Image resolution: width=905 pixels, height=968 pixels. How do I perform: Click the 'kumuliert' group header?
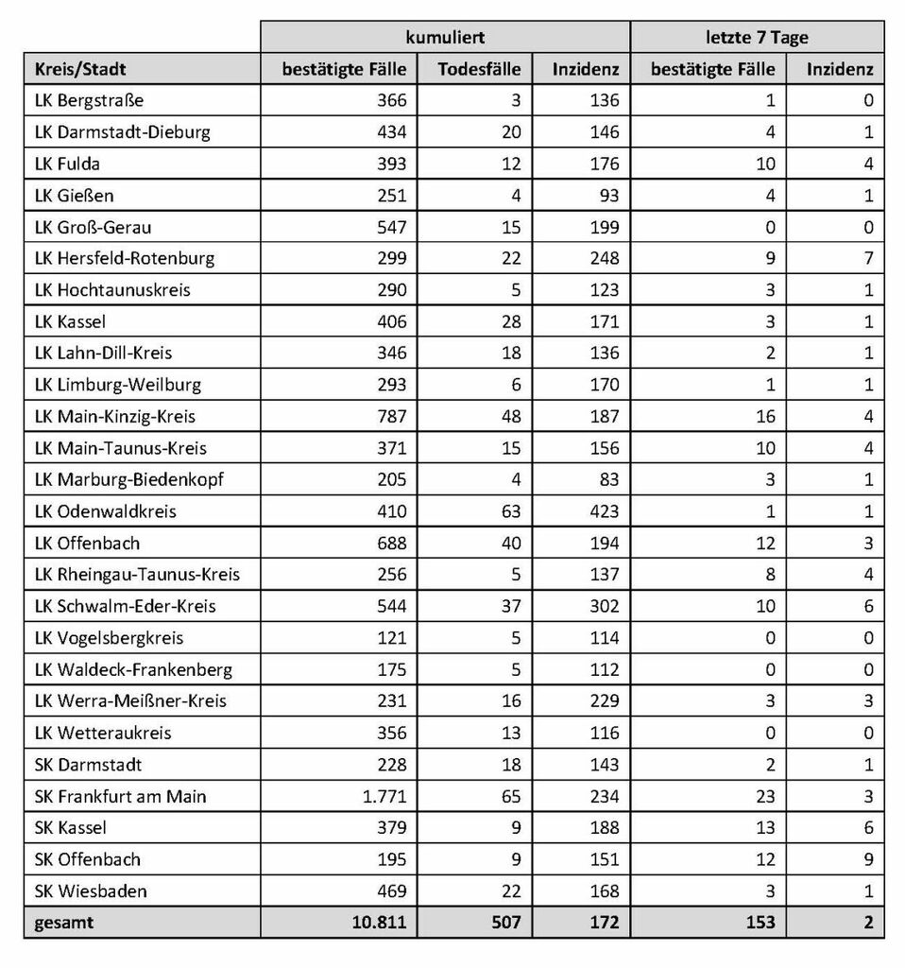coord(445,38)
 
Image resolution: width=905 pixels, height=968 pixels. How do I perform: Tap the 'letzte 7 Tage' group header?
coord(757,38)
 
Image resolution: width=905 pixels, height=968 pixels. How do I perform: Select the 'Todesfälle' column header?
coord(479,69)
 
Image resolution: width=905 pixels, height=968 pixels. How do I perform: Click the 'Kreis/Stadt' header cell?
coord(80,69)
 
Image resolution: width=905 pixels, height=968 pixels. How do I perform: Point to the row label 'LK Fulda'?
coord(67,164)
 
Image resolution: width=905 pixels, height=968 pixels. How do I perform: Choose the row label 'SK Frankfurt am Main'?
coord(120,796)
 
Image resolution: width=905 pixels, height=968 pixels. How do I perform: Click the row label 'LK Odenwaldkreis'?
coord(105,511)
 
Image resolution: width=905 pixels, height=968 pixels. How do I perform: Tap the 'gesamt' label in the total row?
coord(64,923)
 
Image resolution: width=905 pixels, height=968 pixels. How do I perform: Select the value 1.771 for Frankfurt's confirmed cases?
coord(383,796)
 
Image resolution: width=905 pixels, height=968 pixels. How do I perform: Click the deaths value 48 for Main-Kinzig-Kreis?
coord(510,416)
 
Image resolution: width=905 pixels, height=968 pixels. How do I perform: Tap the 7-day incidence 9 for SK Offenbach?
coord(867,859)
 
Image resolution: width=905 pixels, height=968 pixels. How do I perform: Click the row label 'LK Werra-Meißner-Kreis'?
coord(130,700)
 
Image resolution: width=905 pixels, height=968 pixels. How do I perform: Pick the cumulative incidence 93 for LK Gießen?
coord(609,195)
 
